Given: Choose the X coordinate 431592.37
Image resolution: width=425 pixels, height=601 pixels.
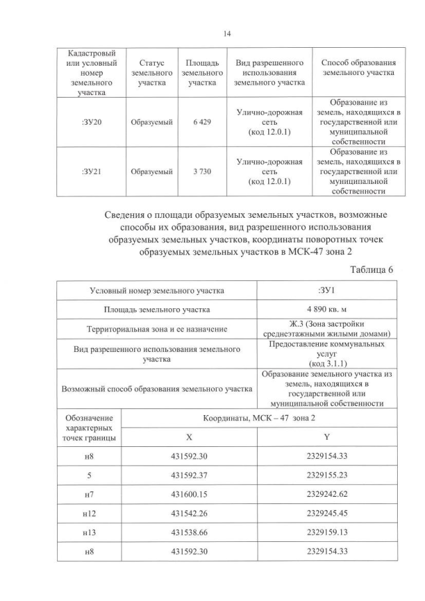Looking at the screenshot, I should (189, 475).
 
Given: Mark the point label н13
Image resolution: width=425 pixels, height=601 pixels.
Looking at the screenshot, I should (90, 532).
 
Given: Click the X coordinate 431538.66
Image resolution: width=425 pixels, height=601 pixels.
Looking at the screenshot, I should (189, 532).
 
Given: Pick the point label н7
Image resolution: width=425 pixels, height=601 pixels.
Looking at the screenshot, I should (90, 494).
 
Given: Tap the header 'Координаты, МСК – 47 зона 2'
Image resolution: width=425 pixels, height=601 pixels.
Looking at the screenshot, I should (259, 418).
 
